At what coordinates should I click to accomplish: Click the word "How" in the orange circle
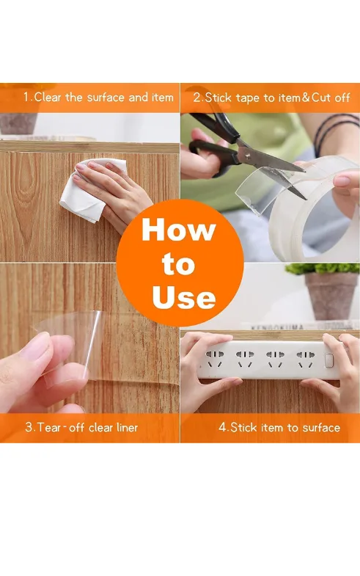pos(179,230)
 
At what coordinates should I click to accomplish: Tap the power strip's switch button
pos(328,361)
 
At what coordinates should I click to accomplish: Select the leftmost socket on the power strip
pos(214,359)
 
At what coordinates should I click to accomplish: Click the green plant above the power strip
pos(322,268)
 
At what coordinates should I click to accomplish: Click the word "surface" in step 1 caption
pos(106,98)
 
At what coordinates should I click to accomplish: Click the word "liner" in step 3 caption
pos(127,427)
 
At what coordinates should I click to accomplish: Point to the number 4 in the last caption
pos(222,427)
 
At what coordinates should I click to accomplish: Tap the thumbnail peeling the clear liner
pos(36,346)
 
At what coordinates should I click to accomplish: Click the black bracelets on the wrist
pos(336,128)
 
